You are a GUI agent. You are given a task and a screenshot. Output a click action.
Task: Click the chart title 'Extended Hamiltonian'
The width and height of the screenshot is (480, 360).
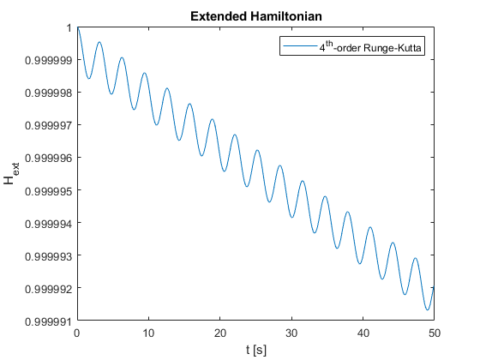tap(256, 16)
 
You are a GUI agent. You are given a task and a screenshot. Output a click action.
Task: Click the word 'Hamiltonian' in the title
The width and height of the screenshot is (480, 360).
tap(286, 16)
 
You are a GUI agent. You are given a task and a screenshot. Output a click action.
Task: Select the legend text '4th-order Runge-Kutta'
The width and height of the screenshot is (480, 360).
tap(370, 47)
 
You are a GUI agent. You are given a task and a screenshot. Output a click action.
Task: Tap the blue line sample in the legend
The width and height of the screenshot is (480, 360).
tap(300, 46)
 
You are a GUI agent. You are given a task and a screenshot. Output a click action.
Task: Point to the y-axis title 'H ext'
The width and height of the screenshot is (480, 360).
tap(10, 173)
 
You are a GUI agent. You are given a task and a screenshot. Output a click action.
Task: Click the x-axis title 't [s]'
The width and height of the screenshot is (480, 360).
tap(256, 350)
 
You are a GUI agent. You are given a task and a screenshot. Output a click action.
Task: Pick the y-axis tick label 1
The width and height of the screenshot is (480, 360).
tap(69, 27)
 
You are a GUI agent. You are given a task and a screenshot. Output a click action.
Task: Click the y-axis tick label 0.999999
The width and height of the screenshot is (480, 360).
tap(49, 60)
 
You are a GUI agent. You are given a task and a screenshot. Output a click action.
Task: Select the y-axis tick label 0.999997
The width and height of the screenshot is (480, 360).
tap(49, 125)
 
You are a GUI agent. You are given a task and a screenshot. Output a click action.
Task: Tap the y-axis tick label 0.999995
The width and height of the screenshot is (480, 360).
tap(49, 191)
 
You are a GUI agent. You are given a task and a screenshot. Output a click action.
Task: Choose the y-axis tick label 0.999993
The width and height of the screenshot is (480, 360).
tap(49, 256)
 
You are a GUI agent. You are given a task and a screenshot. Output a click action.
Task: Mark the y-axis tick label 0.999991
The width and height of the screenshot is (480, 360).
tap(49, 321)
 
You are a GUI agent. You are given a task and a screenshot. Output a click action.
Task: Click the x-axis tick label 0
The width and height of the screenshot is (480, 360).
tap(77, 333)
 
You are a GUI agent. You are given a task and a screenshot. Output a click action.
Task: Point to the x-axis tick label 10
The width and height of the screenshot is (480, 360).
tap(148, 333)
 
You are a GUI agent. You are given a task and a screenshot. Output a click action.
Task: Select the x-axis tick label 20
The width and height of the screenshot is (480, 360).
tap(220, 333)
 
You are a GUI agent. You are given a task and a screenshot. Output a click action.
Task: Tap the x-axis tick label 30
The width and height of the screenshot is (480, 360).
tap(291, 333)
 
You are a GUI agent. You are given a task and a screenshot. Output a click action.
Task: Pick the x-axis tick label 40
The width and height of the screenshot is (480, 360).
tap(363, 333)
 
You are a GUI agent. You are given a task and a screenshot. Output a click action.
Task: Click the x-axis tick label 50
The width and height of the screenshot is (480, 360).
tap(435, 333)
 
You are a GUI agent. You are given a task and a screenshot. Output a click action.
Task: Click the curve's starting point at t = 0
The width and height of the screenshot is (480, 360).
tap(77, 27)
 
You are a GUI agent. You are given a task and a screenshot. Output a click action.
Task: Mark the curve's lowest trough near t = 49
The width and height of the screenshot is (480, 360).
tap(428, 309)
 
